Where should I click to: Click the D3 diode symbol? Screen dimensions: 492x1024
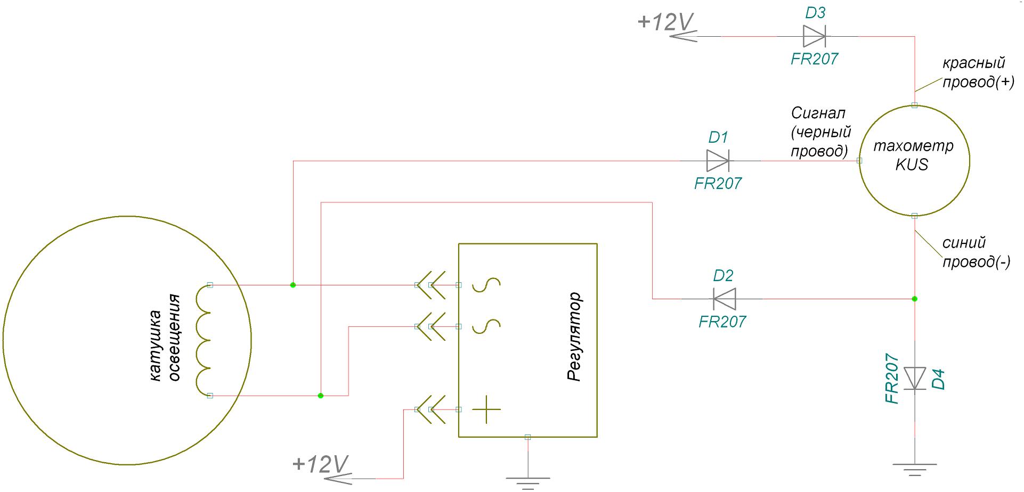(x=814, y=36)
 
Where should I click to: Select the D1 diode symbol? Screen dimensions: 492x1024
(x=717, y=160)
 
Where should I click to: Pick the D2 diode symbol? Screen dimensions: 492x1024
(x=725, y=299)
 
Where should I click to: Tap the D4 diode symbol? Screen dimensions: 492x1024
(x=915, y=378)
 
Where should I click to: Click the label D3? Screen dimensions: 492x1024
(x=815, y=13)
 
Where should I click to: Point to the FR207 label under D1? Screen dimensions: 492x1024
(x=718, y=184)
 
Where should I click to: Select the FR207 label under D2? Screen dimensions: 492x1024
(x=722, y=322)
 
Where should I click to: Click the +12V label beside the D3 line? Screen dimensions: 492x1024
(x=665, y=22)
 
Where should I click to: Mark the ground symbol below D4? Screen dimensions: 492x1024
(x=915, y=469)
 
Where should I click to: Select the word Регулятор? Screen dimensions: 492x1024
(x=575, y=337)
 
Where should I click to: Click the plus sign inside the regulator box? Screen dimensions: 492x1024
(x=486, y=409)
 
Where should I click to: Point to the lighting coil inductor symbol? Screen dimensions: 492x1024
(x=204, y=340)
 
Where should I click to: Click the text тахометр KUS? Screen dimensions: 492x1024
(x=913, y=155)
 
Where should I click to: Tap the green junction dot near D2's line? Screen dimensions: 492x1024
(x=915, y=299)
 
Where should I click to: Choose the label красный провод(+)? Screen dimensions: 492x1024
(x=978, y=72)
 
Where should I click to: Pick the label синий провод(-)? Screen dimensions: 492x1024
(x=976, y=252)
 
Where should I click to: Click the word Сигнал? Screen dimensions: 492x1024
(x=818, y=113)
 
